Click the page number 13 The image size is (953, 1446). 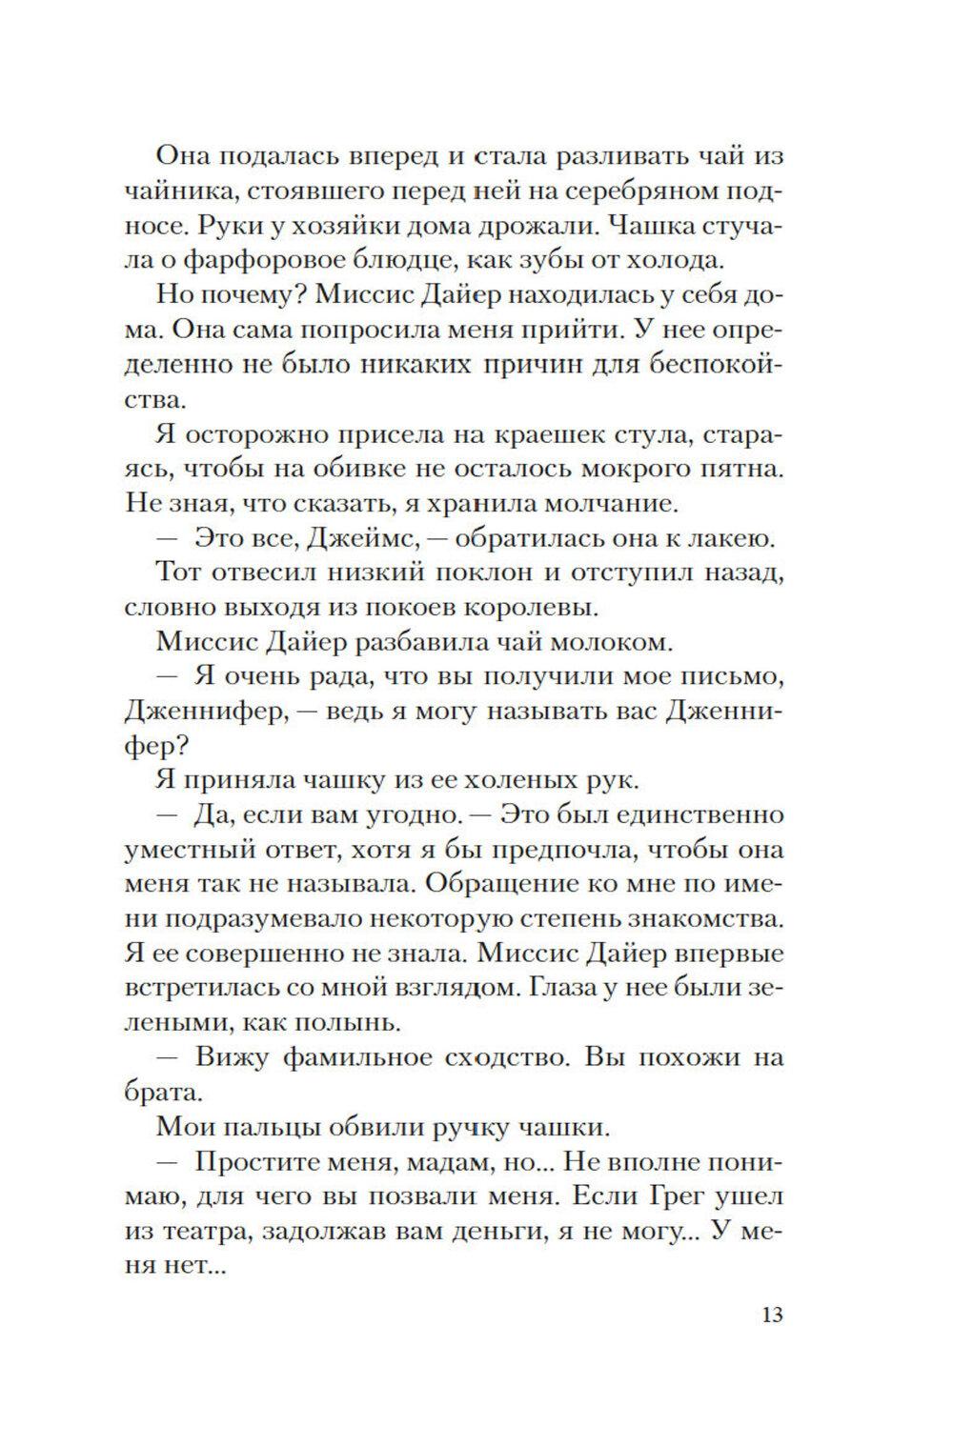click(x=772, y=1315)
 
